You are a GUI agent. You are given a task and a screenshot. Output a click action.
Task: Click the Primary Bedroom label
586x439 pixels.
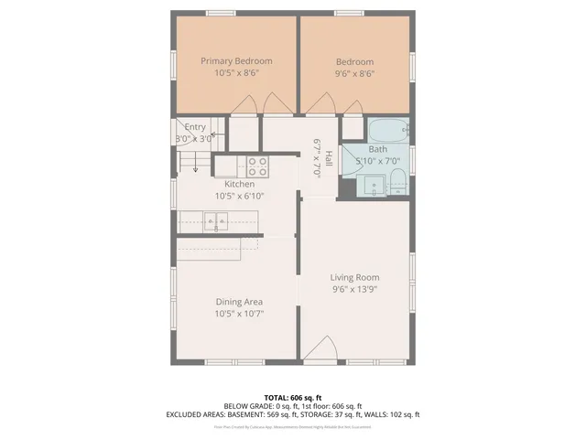(x=236, y=61)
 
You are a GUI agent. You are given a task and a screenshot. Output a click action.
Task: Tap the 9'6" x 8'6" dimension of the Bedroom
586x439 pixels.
(x=354, y=74)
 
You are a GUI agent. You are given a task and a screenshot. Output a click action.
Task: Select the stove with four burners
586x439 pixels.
(x=256, y=166)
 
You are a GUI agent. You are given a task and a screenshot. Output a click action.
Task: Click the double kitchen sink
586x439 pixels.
(x=217, y=220)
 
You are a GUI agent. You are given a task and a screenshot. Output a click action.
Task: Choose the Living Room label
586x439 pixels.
(x=354, y=277)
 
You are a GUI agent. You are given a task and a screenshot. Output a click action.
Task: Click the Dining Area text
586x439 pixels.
(x=239, y=302)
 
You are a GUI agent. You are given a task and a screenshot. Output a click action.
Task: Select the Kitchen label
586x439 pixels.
(x=234, y=184)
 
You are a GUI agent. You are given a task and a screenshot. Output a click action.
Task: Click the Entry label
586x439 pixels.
(x=195, y=127)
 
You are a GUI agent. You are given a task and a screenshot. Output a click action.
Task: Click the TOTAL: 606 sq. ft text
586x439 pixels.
(x=292, y=398)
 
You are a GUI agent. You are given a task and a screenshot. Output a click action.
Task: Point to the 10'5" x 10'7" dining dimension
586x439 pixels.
(x=239, y=314)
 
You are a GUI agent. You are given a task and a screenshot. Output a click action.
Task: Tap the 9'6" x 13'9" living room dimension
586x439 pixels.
(x=354, y=289)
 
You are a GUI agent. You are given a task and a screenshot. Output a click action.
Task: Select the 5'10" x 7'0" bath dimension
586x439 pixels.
(x=377, y=161)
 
